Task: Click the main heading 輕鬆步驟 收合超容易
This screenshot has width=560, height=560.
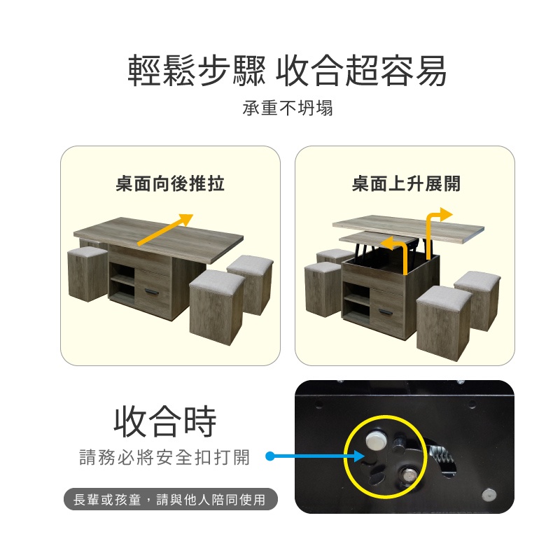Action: [x=287, y=71]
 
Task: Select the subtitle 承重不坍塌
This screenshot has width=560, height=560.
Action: [x=288, y=108]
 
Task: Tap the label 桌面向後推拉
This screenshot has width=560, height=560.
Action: [x=170, y=184]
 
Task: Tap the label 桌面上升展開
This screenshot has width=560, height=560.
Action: [x=406, y=184]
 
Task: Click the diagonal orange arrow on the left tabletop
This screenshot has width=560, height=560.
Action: [x=165, y=230]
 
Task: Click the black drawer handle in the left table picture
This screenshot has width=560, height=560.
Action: [x=152, y=293]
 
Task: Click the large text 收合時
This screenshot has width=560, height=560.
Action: [x=165, y=421]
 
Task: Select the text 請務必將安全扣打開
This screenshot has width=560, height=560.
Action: [x=164, y=458]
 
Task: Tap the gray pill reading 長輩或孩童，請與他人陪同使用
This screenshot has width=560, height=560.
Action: [x=170, y=499]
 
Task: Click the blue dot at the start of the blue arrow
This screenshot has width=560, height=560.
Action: [x=270, y=456]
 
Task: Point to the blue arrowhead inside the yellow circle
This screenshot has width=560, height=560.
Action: [x=358, y=456]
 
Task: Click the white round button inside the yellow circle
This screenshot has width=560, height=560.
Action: [x=374, y=440]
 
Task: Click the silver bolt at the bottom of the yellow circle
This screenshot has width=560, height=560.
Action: [x=407, y=475]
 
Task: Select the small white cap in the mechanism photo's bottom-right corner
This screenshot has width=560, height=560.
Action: [x=489, y=495]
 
